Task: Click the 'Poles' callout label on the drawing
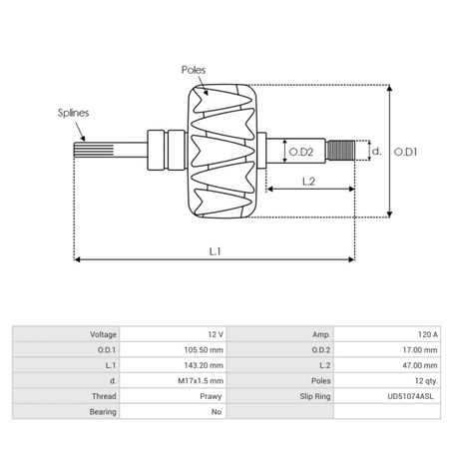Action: (195, 71)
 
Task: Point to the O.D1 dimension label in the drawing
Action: (404, 152)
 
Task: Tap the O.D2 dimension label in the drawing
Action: (301, 152)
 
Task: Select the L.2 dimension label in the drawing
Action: (308, 181)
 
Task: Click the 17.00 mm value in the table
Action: (418, 349)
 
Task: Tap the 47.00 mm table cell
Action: (418, 365)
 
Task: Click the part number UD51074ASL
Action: (410, 395)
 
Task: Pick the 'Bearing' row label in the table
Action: (104, 410)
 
